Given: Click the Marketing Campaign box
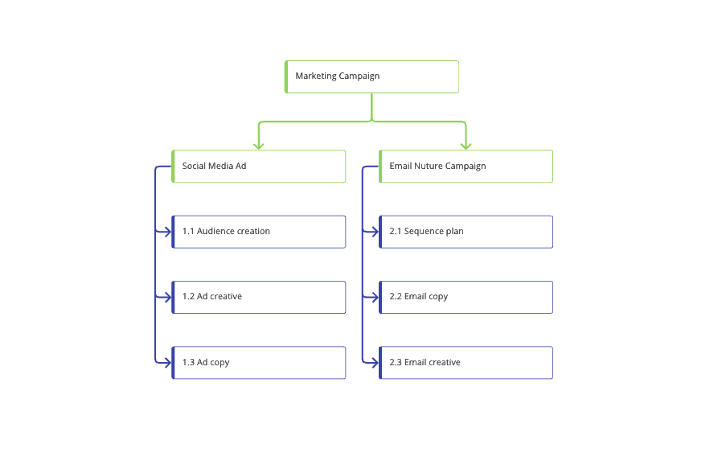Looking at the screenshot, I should pos(371,76).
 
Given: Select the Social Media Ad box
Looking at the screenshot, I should pos(258,166).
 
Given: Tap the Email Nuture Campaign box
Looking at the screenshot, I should pos(466,166).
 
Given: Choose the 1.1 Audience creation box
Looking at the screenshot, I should pos(258,232).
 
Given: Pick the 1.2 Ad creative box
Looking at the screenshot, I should pos(258,297).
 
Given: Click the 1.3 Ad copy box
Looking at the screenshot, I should pos(258,363).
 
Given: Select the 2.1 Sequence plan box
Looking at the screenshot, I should pos(466,232).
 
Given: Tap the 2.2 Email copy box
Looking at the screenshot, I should pos(466,297).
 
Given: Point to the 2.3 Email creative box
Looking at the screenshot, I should pos(466,363).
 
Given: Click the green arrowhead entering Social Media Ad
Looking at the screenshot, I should pos(258,145).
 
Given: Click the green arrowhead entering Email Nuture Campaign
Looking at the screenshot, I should pos(466,145).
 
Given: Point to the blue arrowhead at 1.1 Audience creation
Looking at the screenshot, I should pos(167,232).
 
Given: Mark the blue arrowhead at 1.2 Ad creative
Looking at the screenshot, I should pos(167,297).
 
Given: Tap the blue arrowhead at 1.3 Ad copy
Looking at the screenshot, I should pos(167,363).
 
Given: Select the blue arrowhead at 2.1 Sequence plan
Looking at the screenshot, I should pos(375,232).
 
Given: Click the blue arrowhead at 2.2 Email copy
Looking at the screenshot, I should pos(375,297).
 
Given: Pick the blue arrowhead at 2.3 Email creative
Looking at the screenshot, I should pos(375,363).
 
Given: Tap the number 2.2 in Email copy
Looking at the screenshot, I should pos(396,297).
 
